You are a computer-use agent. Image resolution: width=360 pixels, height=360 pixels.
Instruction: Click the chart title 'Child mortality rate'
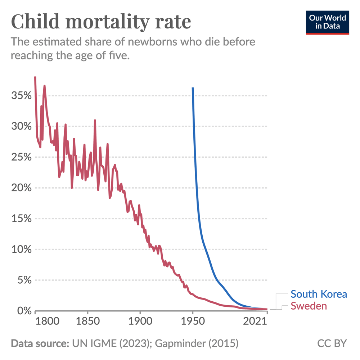(101, 22)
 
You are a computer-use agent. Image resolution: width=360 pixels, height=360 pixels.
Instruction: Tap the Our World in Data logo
(327, 23)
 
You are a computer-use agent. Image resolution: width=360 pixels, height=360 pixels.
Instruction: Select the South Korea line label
(319, 294)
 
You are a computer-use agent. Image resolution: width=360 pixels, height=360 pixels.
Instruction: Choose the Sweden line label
(309, 306)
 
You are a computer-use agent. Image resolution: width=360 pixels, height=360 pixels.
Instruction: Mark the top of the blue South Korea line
(193, 88)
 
